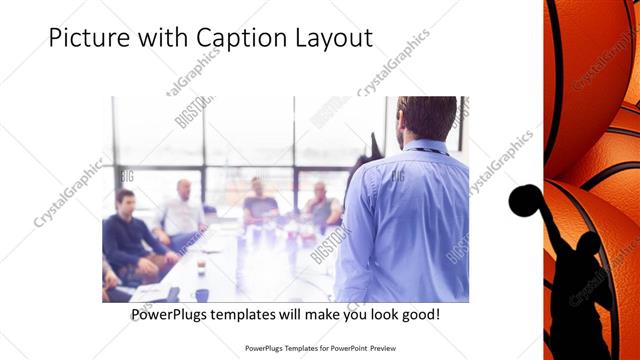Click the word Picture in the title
[x=86, y=39]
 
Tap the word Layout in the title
[x=331, y=39]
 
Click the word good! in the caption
[x=418, y=314]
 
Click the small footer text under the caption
[x=320, y=350]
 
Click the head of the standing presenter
[x=427, y=118]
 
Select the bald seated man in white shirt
[x=181, y=214]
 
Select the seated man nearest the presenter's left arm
[x=322, y=207]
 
